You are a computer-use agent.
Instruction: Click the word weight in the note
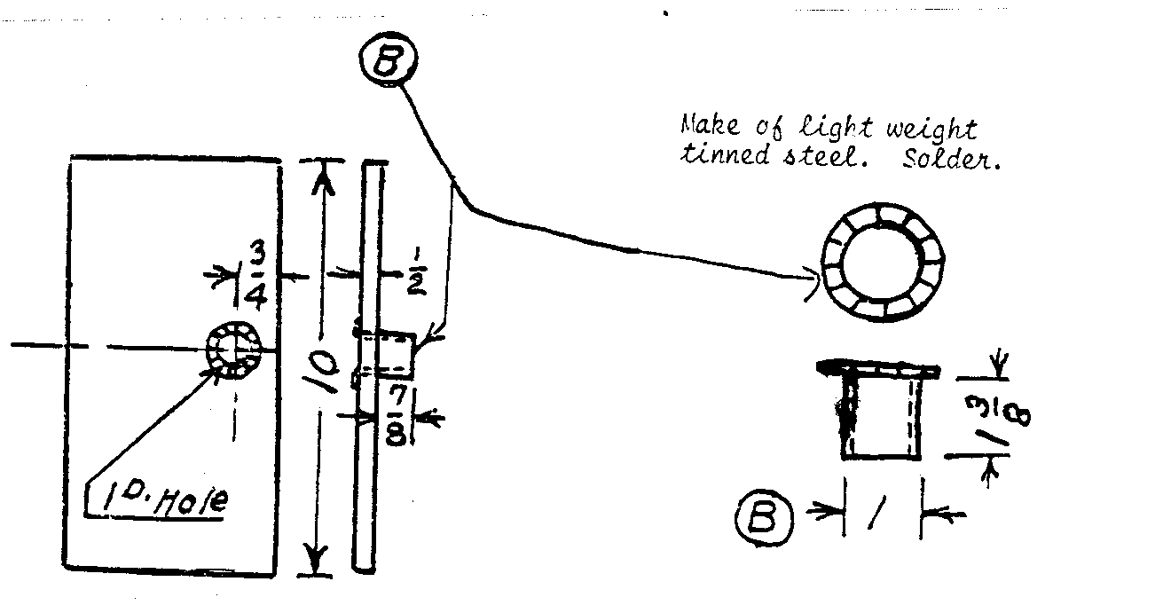click(931, 130)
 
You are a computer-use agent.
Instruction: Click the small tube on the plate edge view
click(390, 354)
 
